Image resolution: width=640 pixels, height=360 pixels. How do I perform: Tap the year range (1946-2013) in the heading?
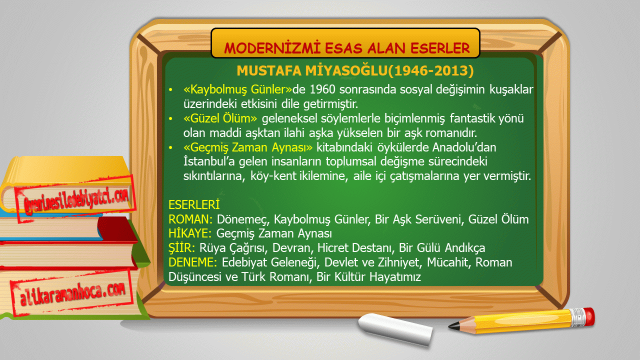pos(431,70)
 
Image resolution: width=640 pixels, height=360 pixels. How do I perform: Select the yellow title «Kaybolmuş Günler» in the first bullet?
pos(237,89)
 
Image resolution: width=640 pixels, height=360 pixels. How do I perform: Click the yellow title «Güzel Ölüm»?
pos(220,118)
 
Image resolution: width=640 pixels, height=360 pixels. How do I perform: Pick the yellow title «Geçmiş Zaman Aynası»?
pos(248,147)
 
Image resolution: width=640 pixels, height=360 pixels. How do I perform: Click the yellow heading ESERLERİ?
pos(194,204)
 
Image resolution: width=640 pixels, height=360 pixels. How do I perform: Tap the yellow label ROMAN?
pos(190,219)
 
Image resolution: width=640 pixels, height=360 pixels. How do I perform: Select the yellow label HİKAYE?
pos(190,233)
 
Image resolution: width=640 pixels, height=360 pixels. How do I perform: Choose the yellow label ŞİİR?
pos(181,247)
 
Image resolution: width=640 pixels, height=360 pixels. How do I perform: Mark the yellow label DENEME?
pos(193,262)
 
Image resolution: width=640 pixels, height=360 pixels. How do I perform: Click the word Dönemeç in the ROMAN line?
pos(243,219)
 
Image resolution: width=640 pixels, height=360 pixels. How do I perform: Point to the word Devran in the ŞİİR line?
pos(291,248)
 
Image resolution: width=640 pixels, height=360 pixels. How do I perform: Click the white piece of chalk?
pos(395,329)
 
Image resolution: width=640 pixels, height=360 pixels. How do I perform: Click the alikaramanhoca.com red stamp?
pos(72,293)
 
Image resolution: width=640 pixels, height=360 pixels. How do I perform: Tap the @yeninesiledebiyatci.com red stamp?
pos(75,199)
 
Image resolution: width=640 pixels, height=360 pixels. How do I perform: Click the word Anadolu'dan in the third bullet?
pos(464,147)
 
